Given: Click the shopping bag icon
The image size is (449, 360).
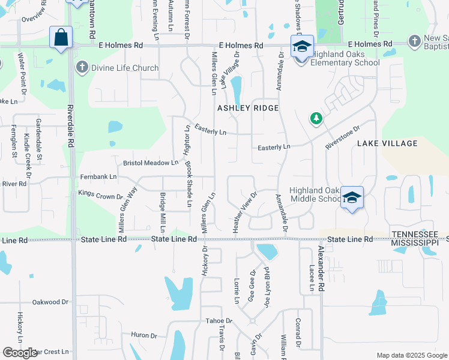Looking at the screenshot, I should click(x=61, y=38).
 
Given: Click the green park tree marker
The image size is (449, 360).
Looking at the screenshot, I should click(x=316, y=119).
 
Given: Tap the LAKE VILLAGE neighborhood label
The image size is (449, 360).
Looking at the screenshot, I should click(x=387, y=143).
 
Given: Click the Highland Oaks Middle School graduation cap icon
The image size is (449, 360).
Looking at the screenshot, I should click(x=352, y=197).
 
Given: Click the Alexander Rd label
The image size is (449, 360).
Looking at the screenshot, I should click(x=321, y=268).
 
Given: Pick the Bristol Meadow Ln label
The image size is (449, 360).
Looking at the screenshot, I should click(x=151, y=163).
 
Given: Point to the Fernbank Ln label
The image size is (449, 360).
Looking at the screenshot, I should click(x=98, y=177).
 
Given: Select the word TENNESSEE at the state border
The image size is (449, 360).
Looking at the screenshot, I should click(x=414, y=233).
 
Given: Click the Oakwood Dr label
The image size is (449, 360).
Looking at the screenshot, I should click(x=50, y=302).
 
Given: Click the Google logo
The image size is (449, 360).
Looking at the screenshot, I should click(x=20, y=353).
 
